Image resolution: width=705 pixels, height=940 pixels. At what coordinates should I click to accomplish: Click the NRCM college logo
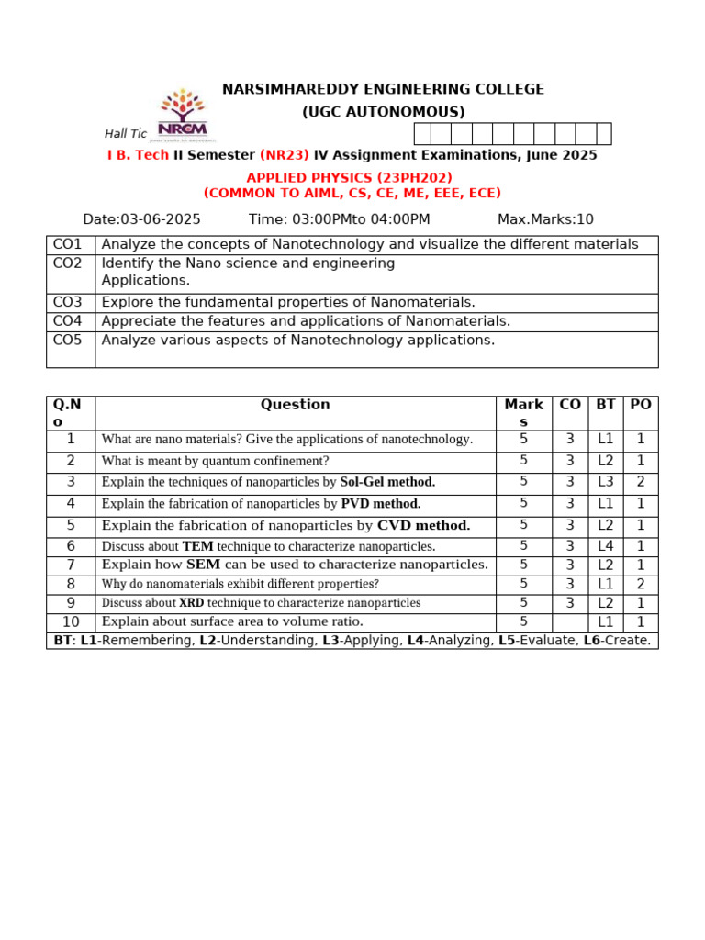point(184,115)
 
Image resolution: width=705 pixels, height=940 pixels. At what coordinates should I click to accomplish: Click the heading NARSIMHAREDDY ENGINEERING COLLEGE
point(383,89)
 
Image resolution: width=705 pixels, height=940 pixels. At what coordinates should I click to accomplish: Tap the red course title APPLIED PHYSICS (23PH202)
point(349,177)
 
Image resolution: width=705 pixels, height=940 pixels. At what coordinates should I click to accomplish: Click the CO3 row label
point(68,302)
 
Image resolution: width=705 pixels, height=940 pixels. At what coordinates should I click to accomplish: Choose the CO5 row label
point(68,340)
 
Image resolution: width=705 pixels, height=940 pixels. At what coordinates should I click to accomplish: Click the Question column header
point(295,404)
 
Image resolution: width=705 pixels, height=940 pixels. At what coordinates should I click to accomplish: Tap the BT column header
point(606,404)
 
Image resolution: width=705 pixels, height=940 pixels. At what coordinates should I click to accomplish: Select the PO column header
point(641,404)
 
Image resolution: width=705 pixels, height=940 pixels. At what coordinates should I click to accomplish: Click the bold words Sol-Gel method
point(387,482)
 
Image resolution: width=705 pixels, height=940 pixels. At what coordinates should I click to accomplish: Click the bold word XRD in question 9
point(192,603)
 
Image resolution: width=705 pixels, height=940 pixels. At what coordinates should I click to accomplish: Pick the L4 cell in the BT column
point(606,546)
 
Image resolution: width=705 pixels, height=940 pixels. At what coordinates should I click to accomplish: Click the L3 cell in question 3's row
point(606,482)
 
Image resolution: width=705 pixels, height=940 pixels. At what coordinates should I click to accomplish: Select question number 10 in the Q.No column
point(71,622)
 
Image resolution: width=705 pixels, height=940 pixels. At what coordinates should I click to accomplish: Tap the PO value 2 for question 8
point(641,584)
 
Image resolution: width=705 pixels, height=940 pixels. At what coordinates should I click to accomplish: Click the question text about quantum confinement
point(215,461)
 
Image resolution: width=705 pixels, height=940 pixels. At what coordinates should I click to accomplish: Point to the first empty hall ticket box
point(422,134)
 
